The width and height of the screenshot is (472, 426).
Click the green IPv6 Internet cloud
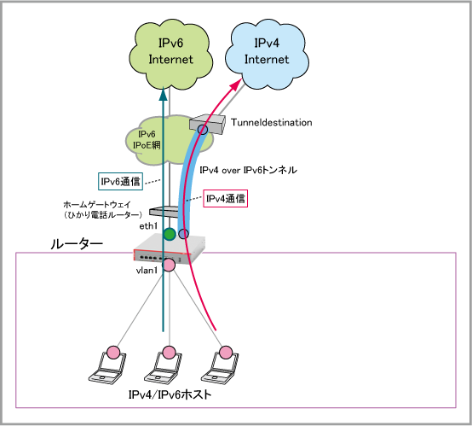point(170,55)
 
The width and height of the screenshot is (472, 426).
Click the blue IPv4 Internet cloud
point(267,55)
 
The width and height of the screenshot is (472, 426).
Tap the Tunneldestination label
point(272,122)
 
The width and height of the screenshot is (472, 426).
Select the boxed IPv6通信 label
point(120,181)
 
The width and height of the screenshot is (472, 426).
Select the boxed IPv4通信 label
point(226,199)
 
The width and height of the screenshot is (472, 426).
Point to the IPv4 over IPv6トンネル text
point(248,170)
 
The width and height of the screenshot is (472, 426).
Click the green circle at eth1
point(170,234)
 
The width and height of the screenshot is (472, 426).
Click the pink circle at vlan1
point(169,265)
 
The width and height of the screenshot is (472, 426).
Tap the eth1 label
point(148,226)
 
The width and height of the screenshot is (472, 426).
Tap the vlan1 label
point(147,271)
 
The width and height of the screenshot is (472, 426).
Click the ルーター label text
point(77,244)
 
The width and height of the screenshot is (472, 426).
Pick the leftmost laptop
point(107,365)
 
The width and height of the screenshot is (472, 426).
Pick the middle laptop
point(164,365)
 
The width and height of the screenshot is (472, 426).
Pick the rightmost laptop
point(220,365)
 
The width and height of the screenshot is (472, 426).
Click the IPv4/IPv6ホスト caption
point(170,394)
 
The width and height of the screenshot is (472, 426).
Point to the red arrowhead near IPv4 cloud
point(236,85)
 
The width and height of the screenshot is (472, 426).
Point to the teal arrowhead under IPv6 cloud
point(163,94)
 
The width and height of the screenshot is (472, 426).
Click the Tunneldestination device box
point(207,124)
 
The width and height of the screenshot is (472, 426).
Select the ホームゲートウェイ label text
point(97,205)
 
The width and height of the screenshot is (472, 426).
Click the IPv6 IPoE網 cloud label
point(147,140)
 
